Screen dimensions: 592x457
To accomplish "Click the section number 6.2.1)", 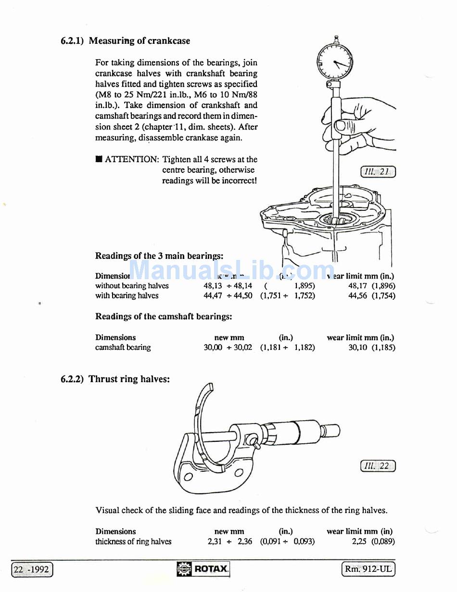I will pyautogui.click(x=72, y=41).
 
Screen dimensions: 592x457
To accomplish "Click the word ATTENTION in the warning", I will pyautogui.click(x=132, y=159).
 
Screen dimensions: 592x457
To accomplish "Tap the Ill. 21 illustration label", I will pyautogui.click(x=378, y=172).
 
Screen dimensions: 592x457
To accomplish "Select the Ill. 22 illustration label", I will pyautogui.click(x=378, y=466).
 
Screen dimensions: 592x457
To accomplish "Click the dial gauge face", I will pyautogui.click(x=335, y=62).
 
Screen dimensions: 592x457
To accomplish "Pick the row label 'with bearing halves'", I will pyautogui.click(x=127, y=296).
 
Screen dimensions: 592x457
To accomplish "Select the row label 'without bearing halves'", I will pyautogui.click(x=132, y=285).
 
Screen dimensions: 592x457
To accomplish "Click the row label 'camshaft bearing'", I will pyautogui.click(x=123, y=347).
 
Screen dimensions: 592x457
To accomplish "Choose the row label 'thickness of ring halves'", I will pyautogui.click(x=133, y=541).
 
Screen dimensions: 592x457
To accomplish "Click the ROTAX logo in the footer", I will pyautogui.click(x=203, y=569).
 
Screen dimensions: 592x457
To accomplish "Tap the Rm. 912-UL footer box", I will pyautogui.click(x=368, y=569).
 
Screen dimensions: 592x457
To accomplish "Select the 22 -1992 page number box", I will pyautogui.click(x=32, y=570).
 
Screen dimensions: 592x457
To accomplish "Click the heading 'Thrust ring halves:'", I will pyautogui.click(x=129, y=379).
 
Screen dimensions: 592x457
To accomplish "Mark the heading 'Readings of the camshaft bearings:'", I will pyautogui.click(x=164, y=316).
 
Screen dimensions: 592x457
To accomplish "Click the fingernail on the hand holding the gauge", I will pyautogui.click(x=340, y=126).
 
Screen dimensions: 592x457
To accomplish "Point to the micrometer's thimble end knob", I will pyautogui.click(x=332, y=430).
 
